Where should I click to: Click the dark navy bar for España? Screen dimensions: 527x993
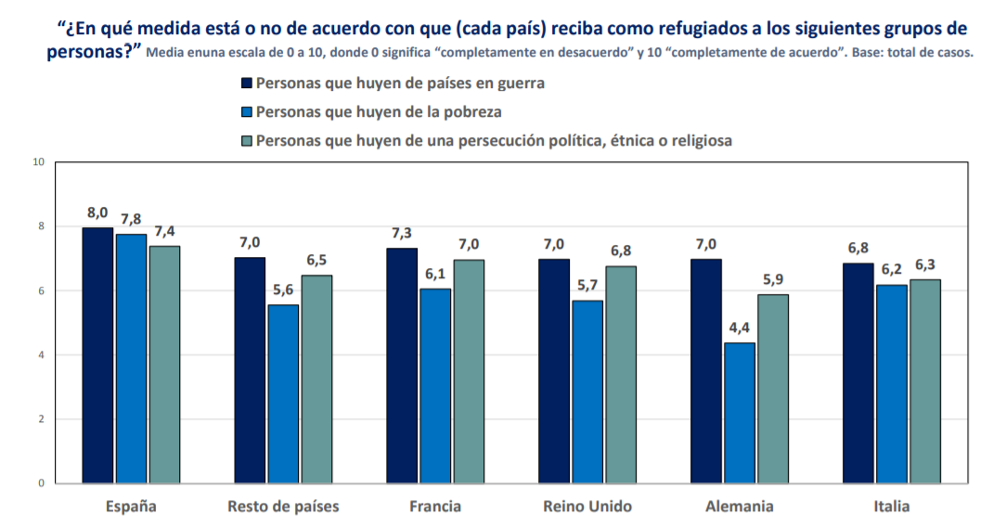pyautogui.click(x=97, y=355)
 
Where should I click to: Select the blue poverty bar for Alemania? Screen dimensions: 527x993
pyautogui.click(x=740, y=413)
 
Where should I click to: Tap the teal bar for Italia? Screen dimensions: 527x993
pyautogui.click(x=925, y=381)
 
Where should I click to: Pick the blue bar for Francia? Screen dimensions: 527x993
pyautogui.click(x=435, y=386)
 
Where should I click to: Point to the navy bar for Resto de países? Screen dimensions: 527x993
pyautogui.click(x=250, y=370)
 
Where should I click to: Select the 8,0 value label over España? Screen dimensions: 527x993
pyautogui.click(x=97, y=212)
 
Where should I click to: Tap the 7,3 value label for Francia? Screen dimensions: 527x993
pyautogui.click(x=402, y=233)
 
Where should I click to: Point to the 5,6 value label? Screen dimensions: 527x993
pyautogui.click(x=283, y=289)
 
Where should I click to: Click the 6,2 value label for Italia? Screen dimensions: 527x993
pyautogui.click(x=892, y=269)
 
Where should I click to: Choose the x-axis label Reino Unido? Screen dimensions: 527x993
pyautogui.click(x=587, y=507)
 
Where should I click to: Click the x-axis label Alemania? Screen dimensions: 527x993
pyautogui.click(x=740, y=507)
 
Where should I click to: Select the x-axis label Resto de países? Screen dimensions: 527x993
pyautogui.click(x=283, y=507)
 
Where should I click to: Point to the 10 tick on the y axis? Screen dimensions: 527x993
pyautogui.click(x=38, y=162)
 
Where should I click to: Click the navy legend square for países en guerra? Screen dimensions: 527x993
pyautogui.click(x=247, y=83)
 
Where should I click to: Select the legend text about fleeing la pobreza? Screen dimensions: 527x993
pyautogui.click(x=379, y=112)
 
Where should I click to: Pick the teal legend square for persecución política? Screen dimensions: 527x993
pyautogui.click(x=247, y=141)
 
